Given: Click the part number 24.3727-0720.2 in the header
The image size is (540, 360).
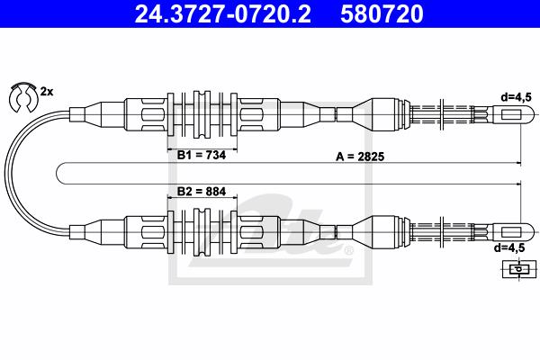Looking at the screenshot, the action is click(x=222, y=14).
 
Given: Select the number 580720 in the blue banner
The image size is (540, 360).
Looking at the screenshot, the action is click(x=382, y=14).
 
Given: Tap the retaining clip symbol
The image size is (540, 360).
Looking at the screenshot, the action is click(x=22, y=97).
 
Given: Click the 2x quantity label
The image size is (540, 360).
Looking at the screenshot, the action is click(x=47, y=92).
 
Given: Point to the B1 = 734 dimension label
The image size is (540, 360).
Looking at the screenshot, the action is click(x=202, y=155).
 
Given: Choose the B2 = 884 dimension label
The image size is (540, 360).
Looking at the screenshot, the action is click(x=202, y=191).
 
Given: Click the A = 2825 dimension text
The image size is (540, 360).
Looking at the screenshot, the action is click(x=360, y=157).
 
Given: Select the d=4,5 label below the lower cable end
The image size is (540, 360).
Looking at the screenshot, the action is click(x=509, y=247).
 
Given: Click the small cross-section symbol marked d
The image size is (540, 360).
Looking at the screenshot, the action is click(x=519, y=269).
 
